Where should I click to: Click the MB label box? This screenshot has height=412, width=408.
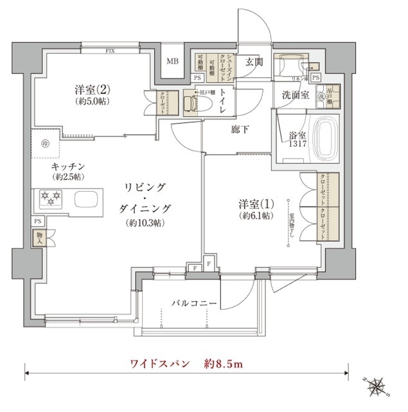click(x=172, y=62)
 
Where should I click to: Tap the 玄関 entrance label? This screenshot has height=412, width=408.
click(x=254, y=62)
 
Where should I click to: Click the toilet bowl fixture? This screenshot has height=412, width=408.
click(x=193, y=102)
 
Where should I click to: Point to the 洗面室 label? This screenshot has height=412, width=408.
click(x=295, y=95)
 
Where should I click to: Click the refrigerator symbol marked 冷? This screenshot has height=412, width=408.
click(x=46, y=144)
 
